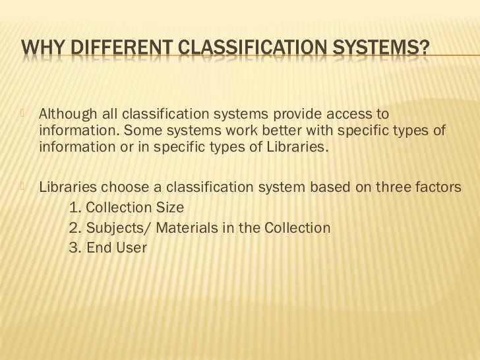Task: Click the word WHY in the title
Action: pos(40,48)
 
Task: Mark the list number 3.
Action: pos(74,249)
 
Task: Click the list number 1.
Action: pos(74,208)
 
